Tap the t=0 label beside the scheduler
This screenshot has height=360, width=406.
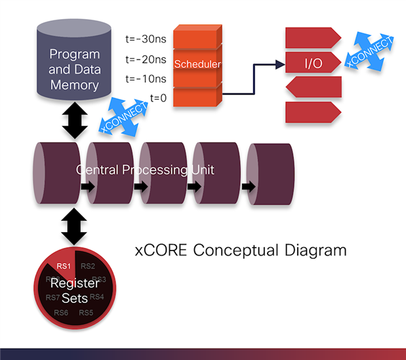(157, 98)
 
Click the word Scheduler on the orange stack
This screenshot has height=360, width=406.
(197, 64)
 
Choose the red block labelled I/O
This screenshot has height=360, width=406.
(312, 63)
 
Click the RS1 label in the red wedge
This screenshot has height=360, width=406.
(64, 266)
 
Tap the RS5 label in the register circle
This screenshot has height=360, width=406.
(86, 312)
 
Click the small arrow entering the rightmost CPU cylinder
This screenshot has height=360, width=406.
(247, 187)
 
